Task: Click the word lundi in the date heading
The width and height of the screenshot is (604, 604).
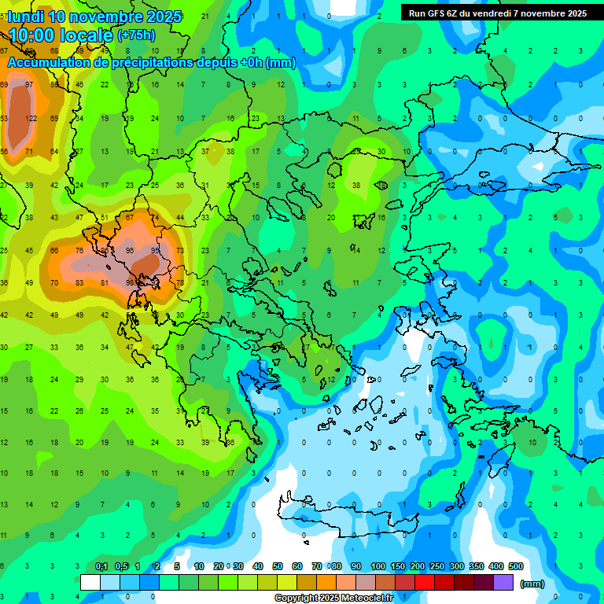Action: point(28,17)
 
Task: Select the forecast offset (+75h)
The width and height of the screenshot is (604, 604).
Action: point(136,35)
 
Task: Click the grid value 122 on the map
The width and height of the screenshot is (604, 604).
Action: point(31,118)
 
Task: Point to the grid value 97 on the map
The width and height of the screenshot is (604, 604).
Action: point(29,84)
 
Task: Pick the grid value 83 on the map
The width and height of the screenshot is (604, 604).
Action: point(79,283)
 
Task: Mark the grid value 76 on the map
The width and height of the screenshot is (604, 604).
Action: point(79,251)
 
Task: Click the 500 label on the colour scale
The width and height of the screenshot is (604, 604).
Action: point(515,566)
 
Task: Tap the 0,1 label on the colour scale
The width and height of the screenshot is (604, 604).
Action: point(101,566)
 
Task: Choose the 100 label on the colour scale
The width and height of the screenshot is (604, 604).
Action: point(377,566)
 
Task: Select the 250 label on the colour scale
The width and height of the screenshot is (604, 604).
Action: point(436,566)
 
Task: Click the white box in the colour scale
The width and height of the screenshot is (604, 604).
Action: point(90,583)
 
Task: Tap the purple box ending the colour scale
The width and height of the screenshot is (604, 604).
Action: point(503,583)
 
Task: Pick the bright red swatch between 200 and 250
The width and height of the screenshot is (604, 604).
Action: point(425,583)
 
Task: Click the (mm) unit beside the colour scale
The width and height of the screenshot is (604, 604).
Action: point(532,584)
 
